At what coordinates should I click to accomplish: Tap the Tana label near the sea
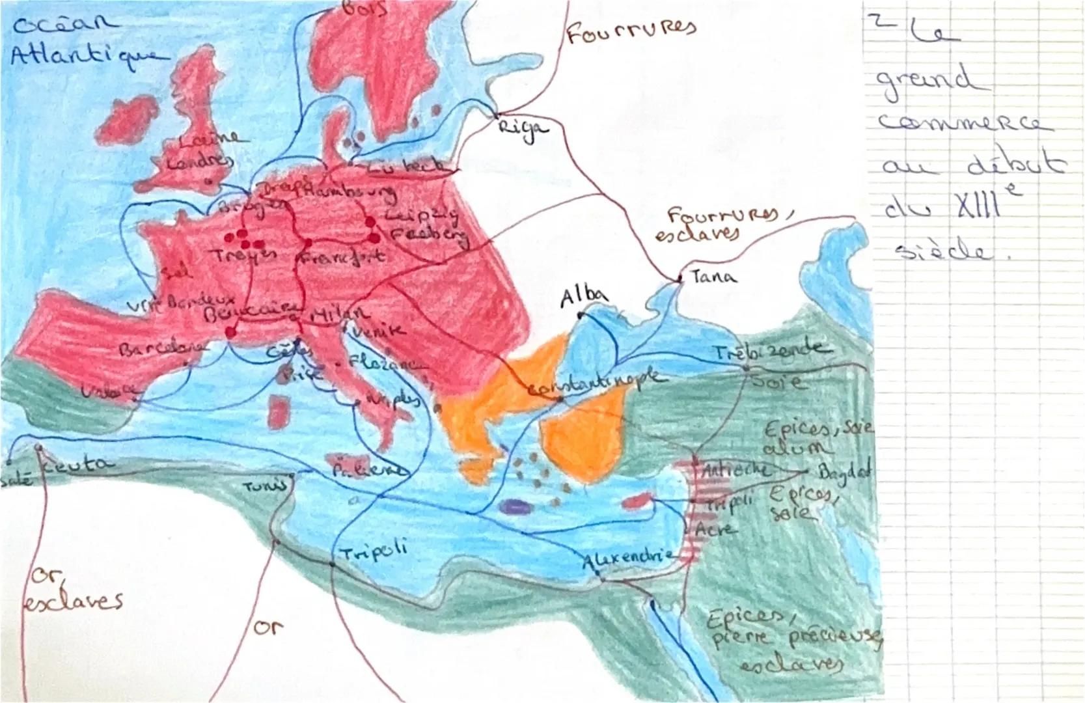click(713, 277)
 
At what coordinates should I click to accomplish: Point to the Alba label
click(584, 296)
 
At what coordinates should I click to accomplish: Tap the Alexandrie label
click(626, 558)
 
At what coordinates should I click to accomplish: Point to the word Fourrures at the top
click(630, 30)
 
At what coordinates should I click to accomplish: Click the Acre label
click(716, 530)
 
